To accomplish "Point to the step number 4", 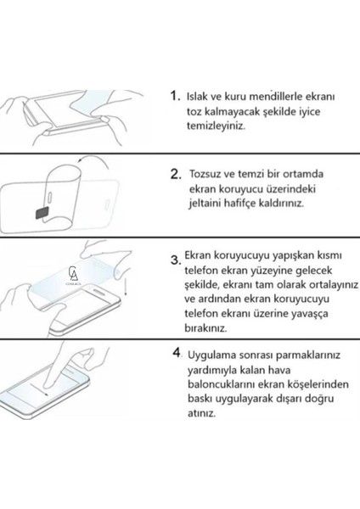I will (175, 350).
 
